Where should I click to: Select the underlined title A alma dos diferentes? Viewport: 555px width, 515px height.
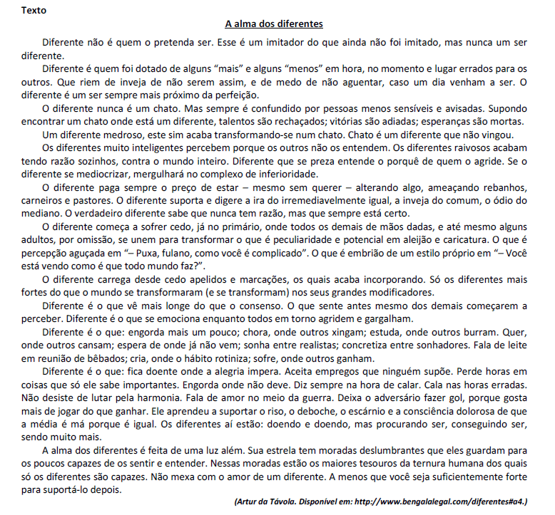[x=274, y=24]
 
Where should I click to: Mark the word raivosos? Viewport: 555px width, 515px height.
[x=476, y=148]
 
